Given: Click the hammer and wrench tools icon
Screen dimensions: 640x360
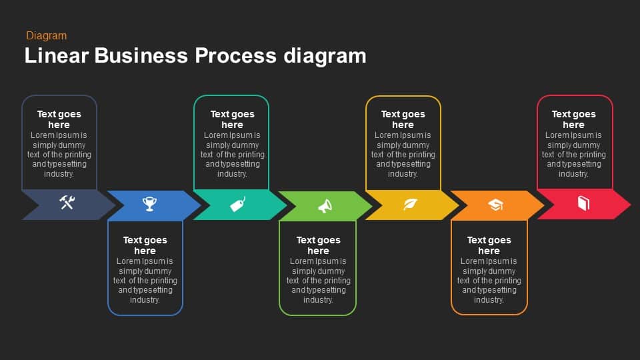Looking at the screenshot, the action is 67,203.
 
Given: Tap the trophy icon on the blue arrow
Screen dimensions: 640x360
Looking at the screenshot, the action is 149,204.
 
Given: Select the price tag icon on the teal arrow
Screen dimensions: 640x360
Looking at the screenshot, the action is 237,204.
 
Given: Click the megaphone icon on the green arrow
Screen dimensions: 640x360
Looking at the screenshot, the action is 325,206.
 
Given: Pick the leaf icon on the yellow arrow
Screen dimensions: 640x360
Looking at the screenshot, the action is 410,204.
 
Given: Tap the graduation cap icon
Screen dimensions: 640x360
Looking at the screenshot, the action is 495,205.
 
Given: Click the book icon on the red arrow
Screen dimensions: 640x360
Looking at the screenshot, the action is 583,203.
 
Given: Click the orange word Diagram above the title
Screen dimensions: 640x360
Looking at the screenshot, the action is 47,36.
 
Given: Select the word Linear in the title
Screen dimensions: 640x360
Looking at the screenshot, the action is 56,55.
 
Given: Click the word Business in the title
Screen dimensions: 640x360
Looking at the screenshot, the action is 141,55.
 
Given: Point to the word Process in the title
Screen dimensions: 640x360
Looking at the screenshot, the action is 235,55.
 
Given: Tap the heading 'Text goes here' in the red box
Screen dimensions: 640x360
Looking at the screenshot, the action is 573,119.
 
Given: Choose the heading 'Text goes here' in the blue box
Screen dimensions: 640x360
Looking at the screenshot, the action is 145,245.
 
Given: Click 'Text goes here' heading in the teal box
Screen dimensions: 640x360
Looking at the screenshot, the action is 232,119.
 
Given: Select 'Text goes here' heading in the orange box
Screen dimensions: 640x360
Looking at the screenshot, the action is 489,245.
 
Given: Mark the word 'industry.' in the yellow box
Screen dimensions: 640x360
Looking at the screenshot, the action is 403,174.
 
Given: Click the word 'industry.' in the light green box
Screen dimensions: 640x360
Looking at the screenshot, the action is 319,300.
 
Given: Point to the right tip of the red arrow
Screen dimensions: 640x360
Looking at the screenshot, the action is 631,204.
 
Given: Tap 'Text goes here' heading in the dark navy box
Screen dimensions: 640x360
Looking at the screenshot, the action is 59,119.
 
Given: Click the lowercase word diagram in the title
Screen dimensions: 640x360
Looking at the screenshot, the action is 325,56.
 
